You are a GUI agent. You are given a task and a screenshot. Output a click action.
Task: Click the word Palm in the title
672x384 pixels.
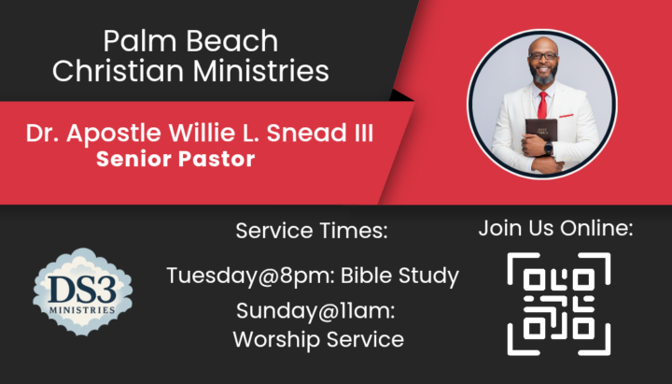click(140, 41)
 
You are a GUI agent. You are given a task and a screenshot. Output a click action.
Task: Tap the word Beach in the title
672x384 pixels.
click(231, 41)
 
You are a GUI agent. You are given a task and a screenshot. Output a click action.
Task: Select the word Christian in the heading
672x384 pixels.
click(118, 70)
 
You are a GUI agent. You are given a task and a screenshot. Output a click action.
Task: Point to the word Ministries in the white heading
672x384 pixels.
click(260, 70)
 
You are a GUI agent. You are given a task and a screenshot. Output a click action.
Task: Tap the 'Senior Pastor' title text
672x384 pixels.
click(175, 159)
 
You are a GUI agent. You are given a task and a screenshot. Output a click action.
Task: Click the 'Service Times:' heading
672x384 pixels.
click(312, 231)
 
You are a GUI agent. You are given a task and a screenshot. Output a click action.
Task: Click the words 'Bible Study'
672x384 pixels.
click(399, 277)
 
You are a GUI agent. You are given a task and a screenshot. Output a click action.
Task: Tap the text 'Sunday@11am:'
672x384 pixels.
click(315, 310)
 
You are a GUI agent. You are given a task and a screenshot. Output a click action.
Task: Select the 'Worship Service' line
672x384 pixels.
click(318, 340)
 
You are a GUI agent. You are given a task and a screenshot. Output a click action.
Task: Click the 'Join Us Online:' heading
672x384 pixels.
click(556, 228)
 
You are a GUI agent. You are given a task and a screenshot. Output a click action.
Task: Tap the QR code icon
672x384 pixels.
click(559, 304)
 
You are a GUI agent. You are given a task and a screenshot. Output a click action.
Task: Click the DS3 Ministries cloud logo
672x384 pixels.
click(83, 292)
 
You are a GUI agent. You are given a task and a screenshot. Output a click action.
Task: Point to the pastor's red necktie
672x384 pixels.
click(542, 105)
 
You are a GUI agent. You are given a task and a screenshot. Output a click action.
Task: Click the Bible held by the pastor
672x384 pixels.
click(541, 131)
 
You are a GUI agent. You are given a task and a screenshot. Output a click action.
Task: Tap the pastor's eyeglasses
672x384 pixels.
click(543, 56)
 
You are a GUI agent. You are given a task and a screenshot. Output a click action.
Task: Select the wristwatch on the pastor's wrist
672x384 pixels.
click(548, 149)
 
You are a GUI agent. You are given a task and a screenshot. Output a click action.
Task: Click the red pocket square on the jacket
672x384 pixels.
click(567, 116)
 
